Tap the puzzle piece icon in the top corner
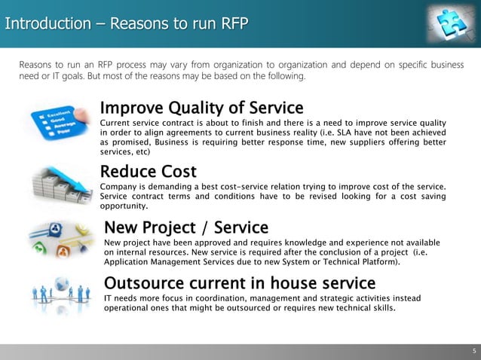(450, 23)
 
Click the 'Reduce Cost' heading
(149, 172)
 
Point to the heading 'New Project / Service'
(185, 227)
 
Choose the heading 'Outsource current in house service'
(239, 283)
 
